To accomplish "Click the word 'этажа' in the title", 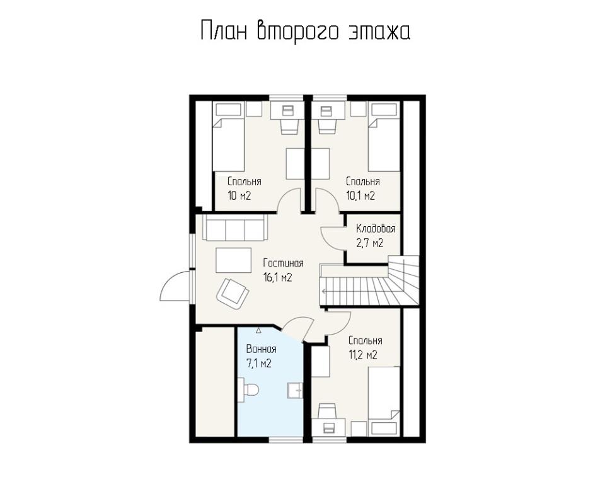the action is click(x=379, y=32).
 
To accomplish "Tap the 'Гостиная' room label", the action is click(x=283, y=263).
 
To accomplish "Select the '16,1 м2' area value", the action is click(x=277, y=277).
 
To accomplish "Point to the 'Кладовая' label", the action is click(x=376, y=229).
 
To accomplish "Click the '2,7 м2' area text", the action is click(x=370, y=243).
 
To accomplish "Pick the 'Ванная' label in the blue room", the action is click(x=261, y=349).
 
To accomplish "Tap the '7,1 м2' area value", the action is click(x=259, y=363).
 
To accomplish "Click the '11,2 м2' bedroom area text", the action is click(x=363, y=355).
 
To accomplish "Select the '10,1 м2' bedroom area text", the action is click(x=360, y=196).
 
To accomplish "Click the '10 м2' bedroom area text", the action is click(x=239, y=196).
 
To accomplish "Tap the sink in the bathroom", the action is click(x=296, y=390).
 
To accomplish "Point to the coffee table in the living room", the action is click(x=233, y=260).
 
